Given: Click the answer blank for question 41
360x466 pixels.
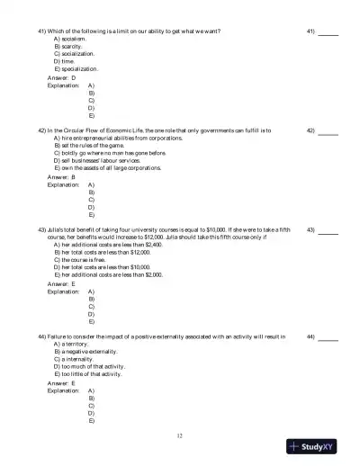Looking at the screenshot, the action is click(328, 33).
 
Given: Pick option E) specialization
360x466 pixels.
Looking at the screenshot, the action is click(81, 68).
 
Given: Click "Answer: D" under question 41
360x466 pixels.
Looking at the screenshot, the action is click(61, 78).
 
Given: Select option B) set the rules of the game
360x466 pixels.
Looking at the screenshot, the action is click(94, 146).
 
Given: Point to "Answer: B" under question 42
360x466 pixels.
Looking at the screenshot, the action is click(61, 177).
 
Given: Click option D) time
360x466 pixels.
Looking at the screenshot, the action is click(65, 61).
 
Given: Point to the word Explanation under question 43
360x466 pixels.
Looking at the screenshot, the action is click(63, 292).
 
